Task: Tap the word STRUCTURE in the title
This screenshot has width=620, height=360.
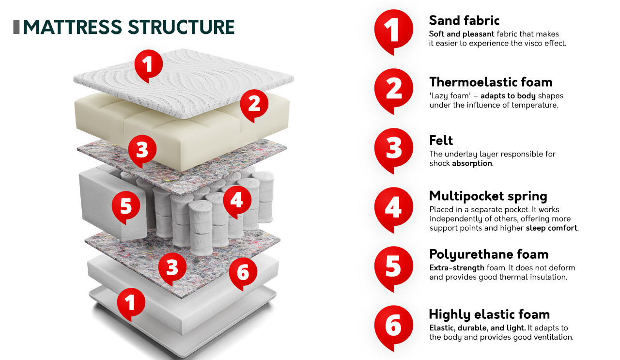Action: coord(182,27)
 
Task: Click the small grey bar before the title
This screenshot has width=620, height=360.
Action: coord(16,27)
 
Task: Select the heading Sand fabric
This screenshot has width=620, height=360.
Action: coord(464,20)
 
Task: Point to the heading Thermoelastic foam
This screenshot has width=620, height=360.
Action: coord(491,82)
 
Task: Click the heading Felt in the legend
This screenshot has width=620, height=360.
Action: coord(441,141)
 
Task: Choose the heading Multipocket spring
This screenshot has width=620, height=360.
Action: coord(488,196)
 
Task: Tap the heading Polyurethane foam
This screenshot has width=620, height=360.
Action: coord(489,254)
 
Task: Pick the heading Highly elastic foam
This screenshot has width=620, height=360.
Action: coord(489,314)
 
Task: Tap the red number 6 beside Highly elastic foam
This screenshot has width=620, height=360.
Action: coord(393,325)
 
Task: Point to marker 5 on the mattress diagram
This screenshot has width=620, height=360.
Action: coord(125,206)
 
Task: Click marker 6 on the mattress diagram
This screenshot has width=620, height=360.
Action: coord(243,272)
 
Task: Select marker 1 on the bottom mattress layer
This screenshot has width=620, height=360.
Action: coord(130,302)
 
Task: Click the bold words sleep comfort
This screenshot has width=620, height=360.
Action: coord(551,228)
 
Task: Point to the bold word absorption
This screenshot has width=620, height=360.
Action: coord(472,163)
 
